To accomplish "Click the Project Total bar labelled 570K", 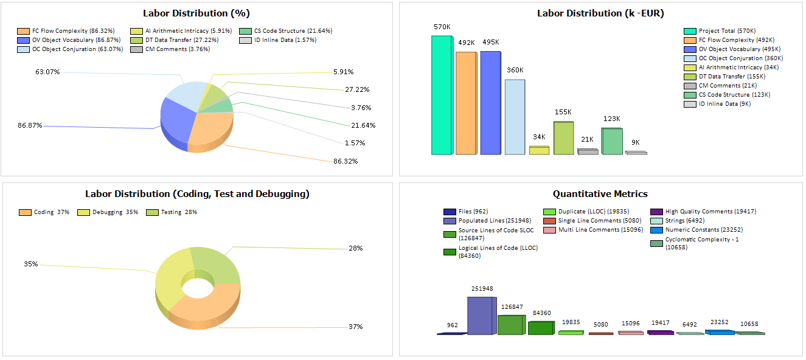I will coord(441,95).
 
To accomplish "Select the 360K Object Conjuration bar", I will coord(514,117).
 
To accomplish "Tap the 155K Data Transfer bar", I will coord(563,138).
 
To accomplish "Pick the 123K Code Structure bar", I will coord(611,141).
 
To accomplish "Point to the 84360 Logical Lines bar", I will coord(540,328).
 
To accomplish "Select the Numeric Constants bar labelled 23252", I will coord(719,332).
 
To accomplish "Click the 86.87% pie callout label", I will coord(30,125).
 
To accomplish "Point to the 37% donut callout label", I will coord(355,327).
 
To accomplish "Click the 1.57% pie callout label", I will coord(355,143).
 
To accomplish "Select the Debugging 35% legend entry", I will coord(109,212).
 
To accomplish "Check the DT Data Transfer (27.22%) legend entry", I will coord(175,40).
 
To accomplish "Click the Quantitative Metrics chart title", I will coord(600,194).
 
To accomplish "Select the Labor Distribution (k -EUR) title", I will coord(600,13).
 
